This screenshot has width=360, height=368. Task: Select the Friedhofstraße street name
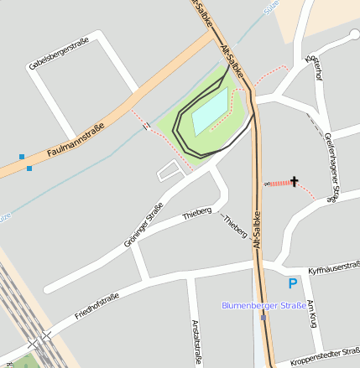(97, 307)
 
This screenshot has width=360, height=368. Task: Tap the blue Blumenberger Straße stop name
(263, 305)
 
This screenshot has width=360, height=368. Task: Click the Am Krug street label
(311, 314)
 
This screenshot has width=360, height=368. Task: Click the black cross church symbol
(294, 181)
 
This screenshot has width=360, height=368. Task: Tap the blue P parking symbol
(292, 284)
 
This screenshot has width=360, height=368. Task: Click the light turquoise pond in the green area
(210, 111)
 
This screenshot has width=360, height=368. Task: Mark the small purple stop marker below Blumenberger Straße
(263, 318)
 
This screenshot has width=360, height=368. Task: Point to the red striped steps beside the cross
(279, 182)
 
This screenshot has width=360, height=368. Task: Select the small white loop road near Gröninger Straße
(170, 172)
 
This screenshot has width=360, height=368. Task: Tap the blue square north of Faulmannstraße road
(22, 156)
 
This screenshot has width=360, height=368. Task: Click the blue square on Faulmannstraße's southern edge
(29, 168)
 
